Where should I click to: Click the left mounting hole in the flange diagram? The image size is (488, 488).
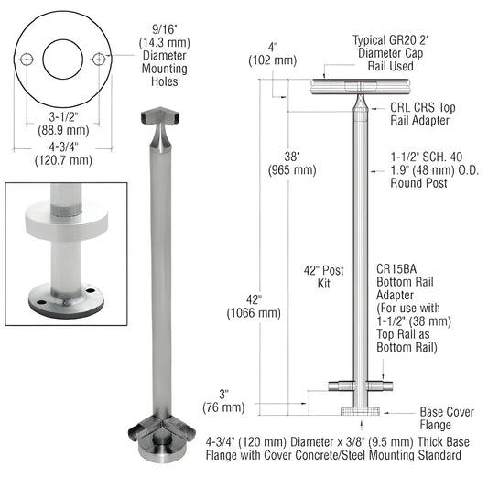pyautogui.click(x=28, y=60)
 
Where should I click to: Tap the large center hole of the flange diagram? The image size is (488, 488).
pyautogui.click(x=64, y=60)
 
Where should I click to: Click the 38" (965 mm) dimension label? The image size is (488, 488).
pyautogui.click(x=292, y=162)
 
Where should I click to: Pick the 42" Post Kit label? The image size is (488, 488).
pyautogui.click(x=324, y=276)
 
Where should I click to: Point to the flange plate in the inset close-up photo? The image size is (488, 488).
pyautogui.click(x=64, y=298)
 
